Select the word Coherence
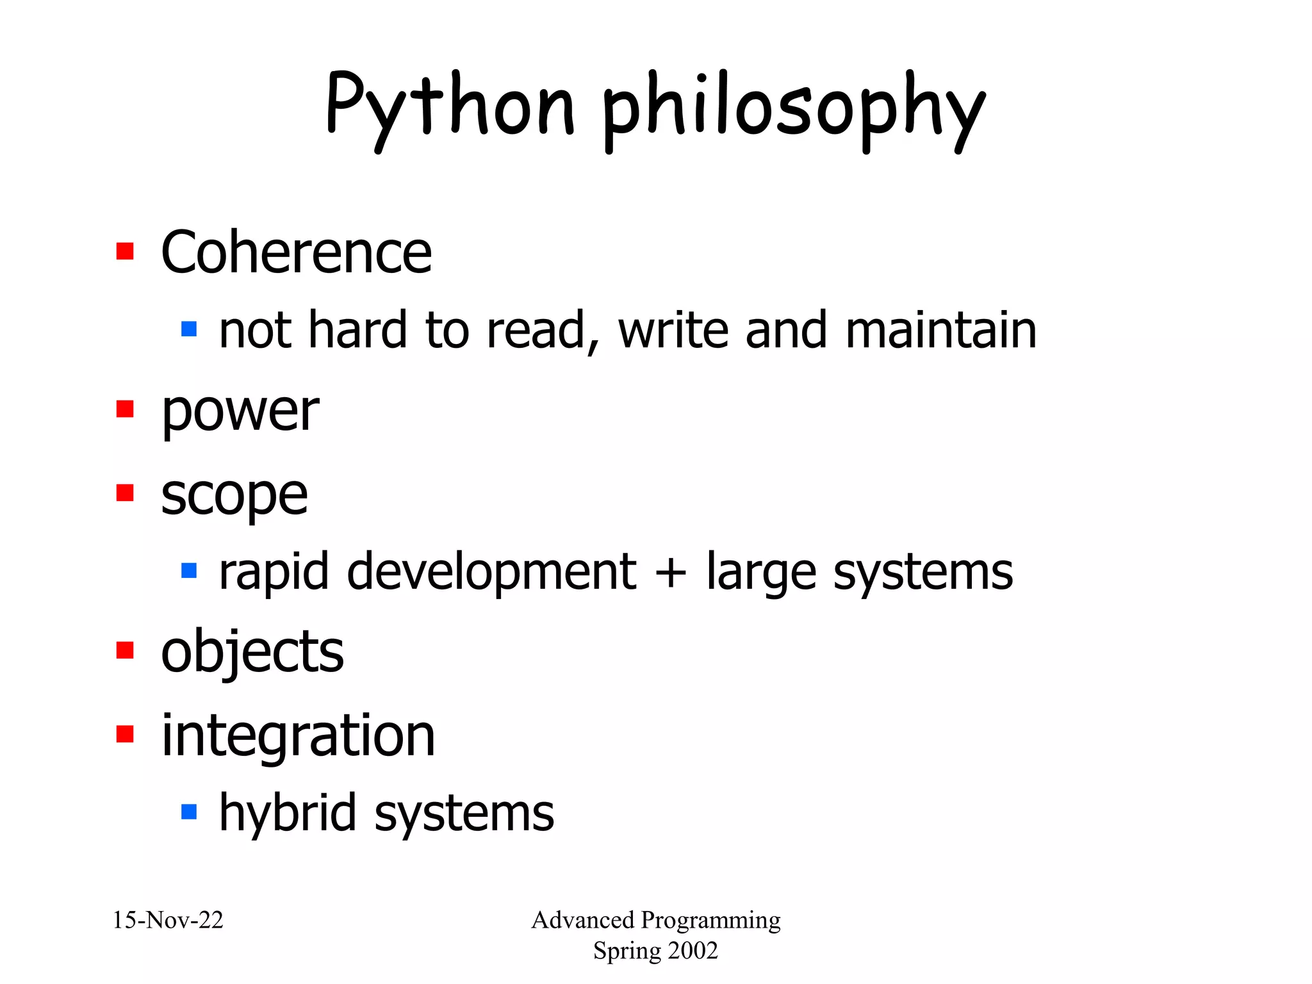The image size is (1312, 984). tap(296, 252)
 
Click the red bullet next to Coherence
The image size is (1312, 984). tap(125, 251)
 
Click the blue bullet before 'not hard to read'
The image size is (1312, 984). tap(189, 329)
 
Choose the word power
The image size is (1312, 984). tap(240, 411)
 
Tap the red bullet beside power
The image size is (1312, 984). tap(125, 409)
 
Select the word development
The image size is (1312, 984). tap(491, 571)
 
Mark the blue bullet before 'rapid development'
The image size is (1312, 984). tap(189, 570)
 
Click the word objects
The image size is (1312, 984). tap(252, 652)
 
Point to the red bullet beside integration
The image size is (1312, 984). tap(125, 734)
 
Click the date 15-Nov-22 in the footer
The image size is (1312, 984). tap(168, 921)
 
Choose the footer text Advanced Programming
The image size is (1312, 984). tap(656, 921)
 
